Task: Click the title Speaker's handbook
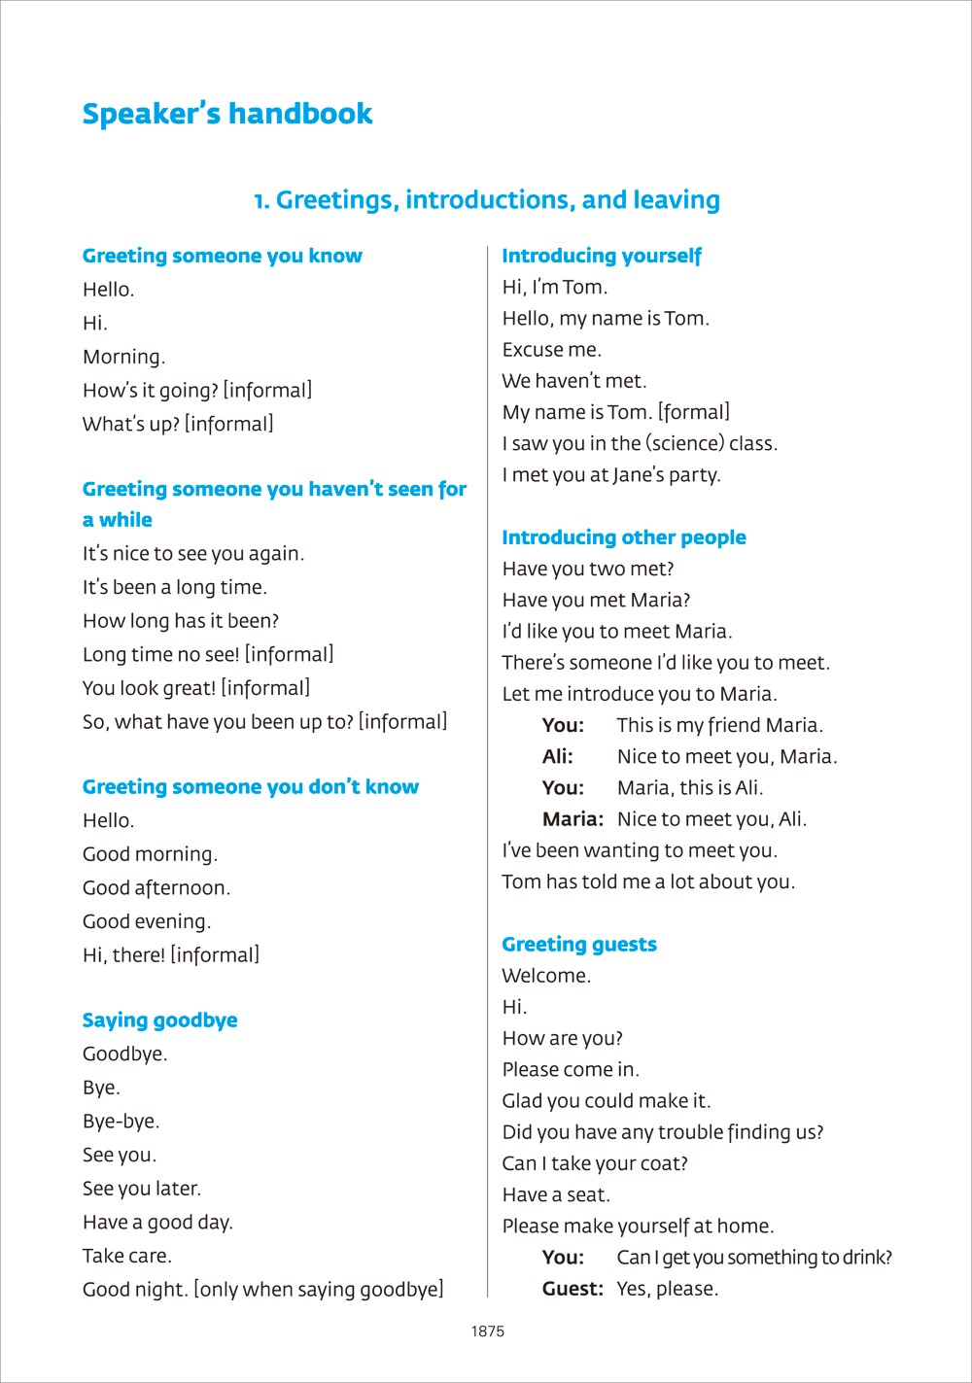tap(227, 114)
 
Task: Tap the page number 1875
tap(488, 1331)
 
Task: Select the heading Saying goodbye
tap(159, 1020)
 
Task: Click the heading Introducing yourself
tap(601, 256)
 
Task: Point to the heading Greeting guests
tap(579, 945)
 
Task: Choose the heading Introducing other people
tap(624, 537)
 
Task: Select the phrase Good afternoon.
tap(156, 888)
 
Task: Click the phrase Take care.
tap(127, 1256)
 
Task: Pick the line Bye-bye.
tap(121, 1122)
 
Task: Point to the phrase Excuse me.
tap(552, 350)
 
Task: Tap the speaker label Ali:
tap(558, 757)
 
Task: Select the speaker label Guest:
tap(573, 1290)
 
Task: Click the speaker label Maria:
tap(573, 819)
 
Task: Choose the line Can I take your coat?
tap(595, 1163)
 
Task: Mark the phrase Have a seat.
tap(556, 1195)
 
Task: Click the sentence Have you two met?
tap(588, 570)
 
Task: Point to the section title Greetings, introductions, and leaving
tap(487, 200)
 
